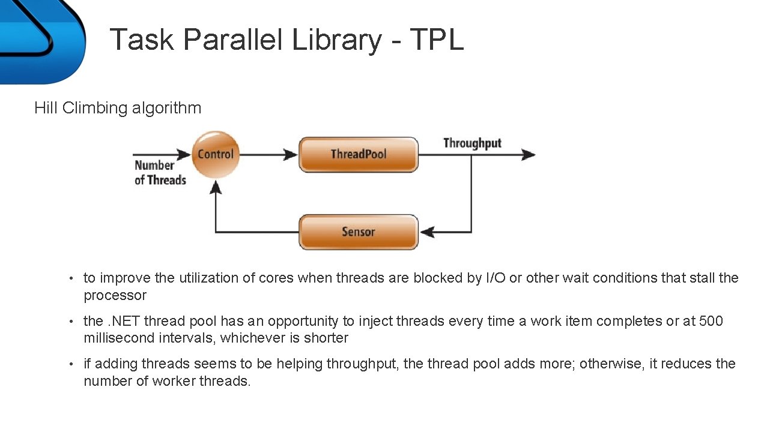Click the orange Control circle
coord(215,154)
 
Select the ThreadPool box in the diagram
coord(358,154)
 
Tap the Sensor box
coord(358,232)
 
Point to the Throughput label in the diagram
coord(472,143)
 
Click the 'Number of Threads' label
coord(160,173)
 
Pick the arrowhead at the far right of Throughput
coord(529,154)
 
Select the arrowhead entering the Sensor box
coord(426,232)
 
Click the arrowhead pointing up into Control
coord(216,187)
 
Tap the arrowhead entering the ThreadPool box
coord(291,154)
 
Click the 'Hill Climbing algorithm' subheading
coord(118,108)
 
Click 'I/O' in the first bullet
coord(495,278)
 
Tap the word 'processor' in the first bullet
coord(115,295)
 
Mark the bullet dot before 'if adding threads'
coord(71,364)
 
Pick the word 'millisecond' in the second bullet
coord(120,338)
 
